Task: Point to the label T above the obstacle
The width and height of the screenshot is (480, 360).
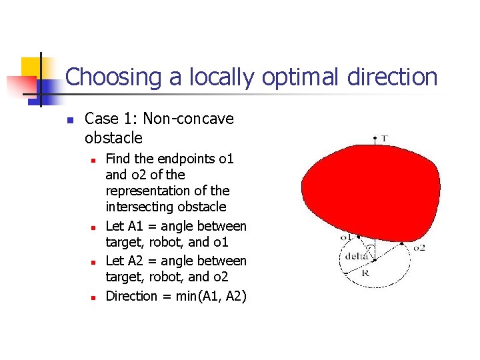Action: [385, 139]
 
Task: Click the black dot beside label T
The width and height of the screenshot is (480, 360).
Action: [375, 138]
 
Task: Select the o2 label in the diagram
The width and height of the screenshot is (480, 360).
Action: [419, 247]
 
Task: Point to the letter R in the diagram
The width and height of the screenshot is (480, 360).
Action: [365, 272]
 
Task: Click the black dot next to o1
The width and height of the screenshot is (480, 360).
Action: [359, 237]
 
